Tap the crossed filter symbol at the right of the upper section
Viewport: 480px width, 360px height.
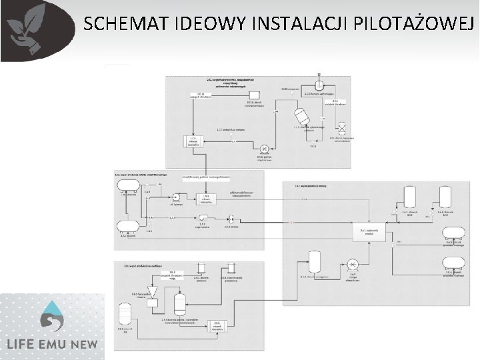pos(342,127)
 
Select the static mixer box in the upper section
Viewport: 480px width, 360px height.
pos(193,141)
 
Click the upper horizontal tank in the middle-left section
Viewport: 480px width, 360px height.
pos(127,183)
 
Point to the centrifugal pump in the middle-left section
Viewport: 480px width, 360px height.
pos(177,196)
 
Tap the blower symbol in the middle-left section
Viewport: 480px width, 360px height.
pos(203,218)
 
